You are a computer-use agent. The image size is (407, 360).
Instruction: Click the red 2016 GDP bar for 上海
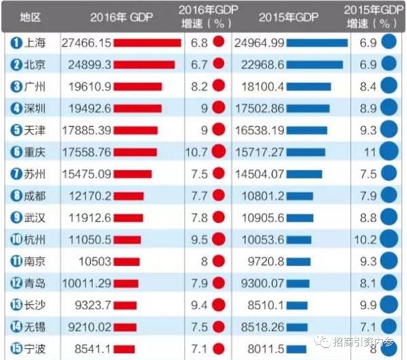click(147, 43)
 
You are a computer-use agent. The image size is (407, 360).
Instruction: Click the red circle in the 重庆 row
click(218, 153)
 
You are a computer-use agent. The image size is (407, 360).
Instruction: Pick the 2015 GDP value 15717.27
click(258, 153)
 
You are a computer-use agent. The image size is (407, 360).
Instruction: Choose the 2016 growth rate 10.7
click(197, 153)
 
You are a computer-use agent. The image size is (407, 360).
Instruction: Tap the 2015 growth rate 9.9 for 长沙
click(366, 306)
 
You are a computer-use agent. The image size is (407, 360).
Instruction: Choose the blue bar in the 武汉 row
click(299, 218)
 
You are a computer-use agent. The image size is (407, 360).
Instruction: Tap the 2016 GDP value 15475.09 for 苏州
click(85, 175)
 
